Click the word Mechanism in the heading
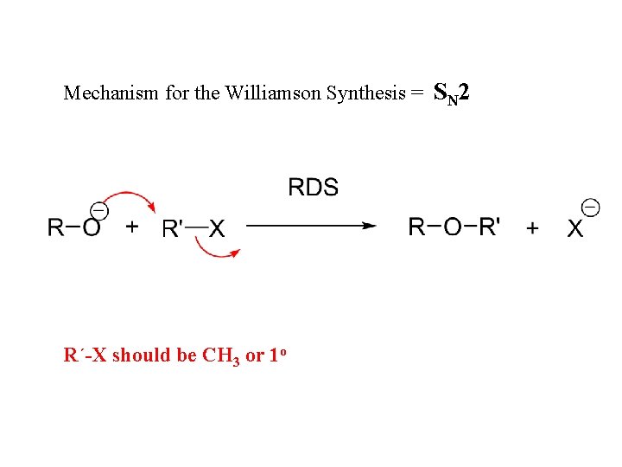tap(98, 93)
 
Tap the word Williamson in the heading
tap(273, 93)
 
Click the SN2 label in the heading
tap(451, 92)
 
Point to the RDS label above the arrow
tap(313, 187)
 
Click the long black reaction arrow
tap(311, 226)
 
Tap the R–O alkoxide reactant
tap(73, 227)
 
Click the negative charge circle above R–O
tap(99, 210)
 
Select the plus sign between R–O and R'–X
tap(132, 227)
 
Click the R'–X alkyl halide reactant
tap(194, 227)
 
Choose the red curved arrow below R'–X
tap(216, 251)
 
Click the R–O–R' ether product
tap(454, 227)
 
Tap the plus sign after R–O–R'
tap(532, 227)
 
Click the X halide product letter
tap(574, 228)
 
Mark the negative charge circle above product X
tap(591, 208)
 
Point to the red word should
tap(142, 355)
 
